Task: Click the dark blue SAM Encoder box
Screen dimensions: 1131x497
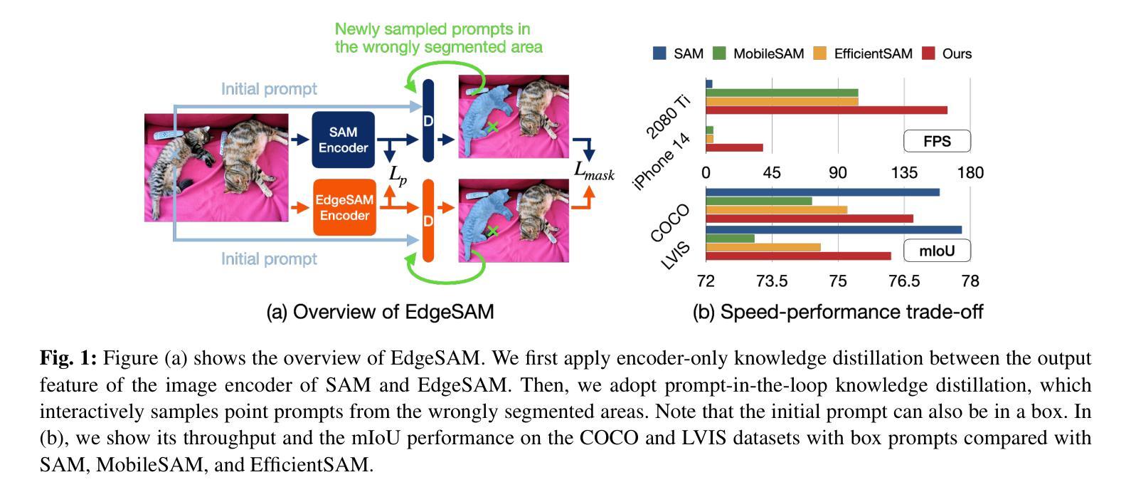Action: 344,140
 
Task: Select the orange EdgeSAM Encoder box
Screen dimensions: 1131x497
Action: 344,207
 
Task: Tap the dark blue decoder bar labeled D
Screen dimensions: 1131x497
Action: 428,120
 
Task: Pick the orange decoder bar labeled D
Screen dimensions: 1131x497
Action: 428,221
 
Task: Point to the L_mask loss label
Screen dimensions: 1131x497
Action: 594,171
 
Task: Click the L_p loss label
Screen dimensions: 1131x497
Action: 398,175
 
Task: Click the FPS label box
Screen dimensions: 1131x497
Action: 937,141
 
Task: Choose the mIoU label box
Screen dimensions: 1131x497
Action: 937,251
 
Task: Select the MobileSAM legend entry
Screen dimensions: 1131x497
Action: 758,53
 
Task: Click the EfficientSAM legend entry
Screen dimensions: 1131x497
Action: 864,53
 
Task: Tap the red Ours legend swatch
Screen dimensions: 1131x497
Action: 928,53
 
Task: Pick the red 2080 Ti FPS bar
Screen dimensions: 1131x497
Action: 827,110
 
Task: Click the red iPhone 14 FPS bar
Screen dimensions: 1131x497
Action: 734,147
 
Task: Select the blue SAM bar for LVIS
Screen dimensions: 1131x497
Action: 834,230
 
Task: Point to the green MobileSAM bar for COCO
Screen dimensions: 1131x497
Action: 759,202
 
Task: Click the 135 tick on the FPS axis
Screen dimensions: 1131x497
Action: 904,173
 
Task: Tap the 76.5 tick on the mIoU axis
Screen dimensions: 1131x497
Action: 904,281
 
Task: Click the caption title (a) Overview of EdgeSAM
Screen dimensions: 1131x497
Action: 380,312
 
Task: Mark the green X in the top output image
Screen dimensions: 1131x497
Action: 493,127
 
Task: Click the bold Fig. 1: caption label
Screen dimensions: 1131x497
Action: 68,358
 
